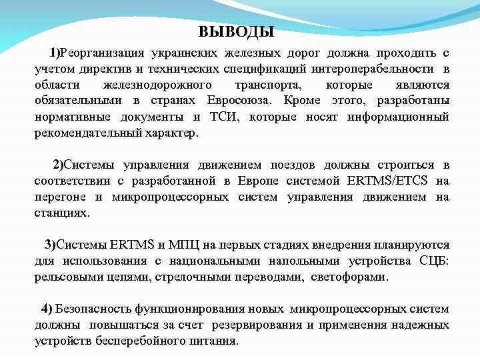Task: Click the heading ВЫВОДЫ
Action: pyautogui.click(x=237, y=31)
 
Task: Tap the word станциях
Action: pyautogui.click(x=61, y=213)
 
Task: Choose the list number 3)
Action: pyautogui.click(x=50, y=245)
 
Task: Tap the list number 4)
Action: pyautogui.click(x=47, y=309)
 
